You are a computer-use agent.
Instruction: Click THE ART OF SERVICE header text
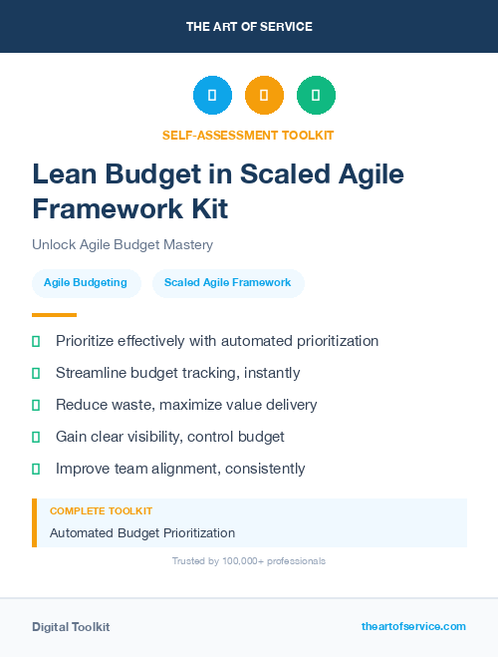[x=249, y=27]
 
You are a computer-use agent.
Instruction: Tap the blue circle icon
[x=212, y=96]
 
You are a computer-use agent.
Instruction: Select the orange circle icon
[x=264, y=96]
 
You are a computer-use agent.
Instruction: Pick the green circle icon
[x=316, y=96]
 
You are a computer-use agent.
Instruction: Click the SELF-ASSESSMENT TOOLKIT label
[x=248, y=135]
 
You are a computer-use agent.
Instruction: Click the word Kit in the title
[x=209, y=209]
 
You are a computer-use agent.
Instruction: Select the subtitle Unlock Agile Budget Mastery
[x=123, y=244]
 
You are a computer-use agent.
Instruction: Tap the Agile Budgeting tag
[x=86, y=283]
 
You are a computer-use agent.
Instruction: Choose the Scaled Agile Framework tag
[x=227, y=283]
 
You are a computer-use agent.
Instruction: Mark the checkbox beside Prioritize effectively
[x=36, y=341]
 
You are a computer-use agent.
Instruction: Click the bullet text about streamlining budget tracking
[x=177, y=373]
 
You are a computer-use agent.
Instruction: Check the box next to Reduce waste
[x=36, y=405]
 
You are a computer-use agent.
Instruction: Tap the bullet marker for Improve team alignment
[x=36, y=469]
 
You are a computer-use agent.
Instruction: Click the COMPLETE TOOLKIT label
[x=101, y=511]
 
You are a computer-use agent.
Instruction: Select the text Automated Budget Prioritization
[x=142, y=532]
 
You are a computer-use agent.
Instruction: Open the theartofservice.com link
[x=413, y=626]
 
